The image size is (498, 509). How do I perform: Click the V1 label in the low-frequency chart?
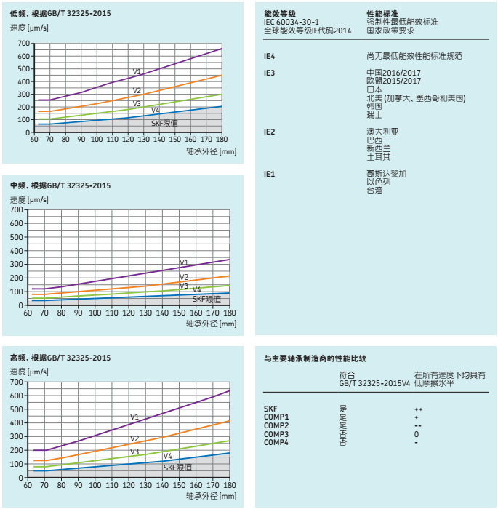coord(137,71)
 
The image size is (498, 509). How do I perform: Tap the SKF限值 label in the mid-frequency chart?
coord(206,300)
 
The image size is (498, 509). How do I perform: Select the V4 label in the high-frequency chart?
coord(167,456)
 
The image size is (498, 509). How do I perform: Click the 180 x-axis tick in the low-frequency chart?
coord(222,139)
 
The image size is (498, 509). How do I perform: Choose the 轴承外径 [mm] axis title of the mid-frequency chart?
coord(212,324)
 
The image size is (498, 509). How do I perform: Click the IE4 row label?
coord(269,55)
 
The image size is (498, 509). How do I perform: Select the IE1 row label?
coord(269,174)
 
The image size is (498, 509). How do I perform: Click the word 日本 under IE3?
coord(374,89)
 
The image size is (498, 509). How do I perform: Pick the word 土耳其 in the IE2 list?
coord(379,156)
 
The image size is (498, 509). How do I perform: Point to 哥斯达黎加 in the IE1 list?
coord(387,174)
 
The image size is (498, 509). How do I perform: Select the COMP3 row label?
coord(276,434)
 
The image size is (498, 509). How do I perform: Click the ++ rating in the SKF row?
coord(418,409)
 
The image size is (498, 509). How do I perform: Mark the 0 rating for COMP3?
coord(417,434)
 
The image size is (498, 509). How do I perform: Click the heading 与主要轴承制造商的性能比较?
coord(315,358)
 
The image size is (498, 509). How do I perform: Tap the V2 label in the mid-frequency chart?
coord(184,277)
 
